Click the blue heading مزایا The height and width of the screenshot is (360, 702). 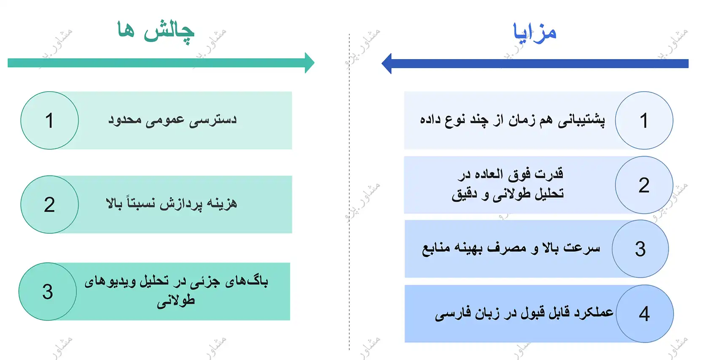pyautogui.click(x=535, y=32)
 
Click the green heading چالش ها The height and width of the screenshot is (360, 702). pyautogui.click(x=156, y=32)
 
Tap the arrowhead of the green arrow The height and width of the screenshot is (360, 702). pyautogui.click(x=310, y=63)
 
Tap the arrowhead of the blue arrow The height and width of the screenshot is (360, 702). pyautogui.click(x=386, y=64)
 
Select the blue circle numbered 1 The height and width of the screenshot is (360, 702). pyautogui.click(x=644, y=121)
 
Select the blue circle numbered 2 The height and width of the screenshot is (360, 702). pyautogui.click(x=644, y=185)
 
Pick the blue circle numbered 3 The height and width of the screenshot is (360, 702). pyautogui.click(x=640, y=249)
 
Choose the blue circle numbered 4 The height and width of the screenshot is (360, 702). pyautogui.click(x=644, y=314)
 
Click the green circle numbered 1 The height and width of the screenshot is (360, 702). pyautogui.click(x=49, y=121)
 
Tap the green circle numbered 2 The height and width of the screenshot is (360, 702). pyautogui.click(x=49, y=205)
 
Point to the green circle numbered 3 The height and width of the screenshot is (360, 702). pyautogui.click(x=48, y=292)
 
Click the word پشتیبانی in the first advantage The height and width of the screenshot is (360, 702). pyautogui.click(x=581, y=120)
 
